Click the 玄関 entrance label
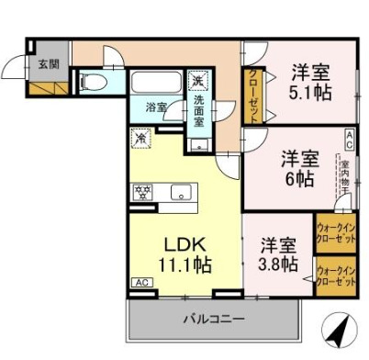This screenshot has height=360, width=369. (x=48, y=63)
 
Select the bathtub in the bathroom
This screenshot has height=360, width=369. (x=159, y=83)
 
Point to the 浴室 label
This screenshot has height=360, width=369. (x=156, y=107)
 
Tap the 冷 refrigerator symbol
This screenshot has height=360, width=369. (x=141, y=140)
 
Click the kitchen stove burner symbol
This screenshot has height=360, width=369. (x=143, y=192)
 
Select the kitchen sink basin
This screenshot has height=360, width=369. (x=180, y=192)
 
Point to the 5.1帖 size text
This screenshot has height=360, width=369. (x=312, y=93)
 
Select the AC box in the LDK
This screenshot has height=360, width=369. (x=141, y=283)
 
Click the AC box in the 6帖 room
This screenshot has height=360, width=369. (x=349, y=138)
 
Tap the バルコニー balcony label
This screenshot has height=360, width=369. (x=212, y=319)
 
